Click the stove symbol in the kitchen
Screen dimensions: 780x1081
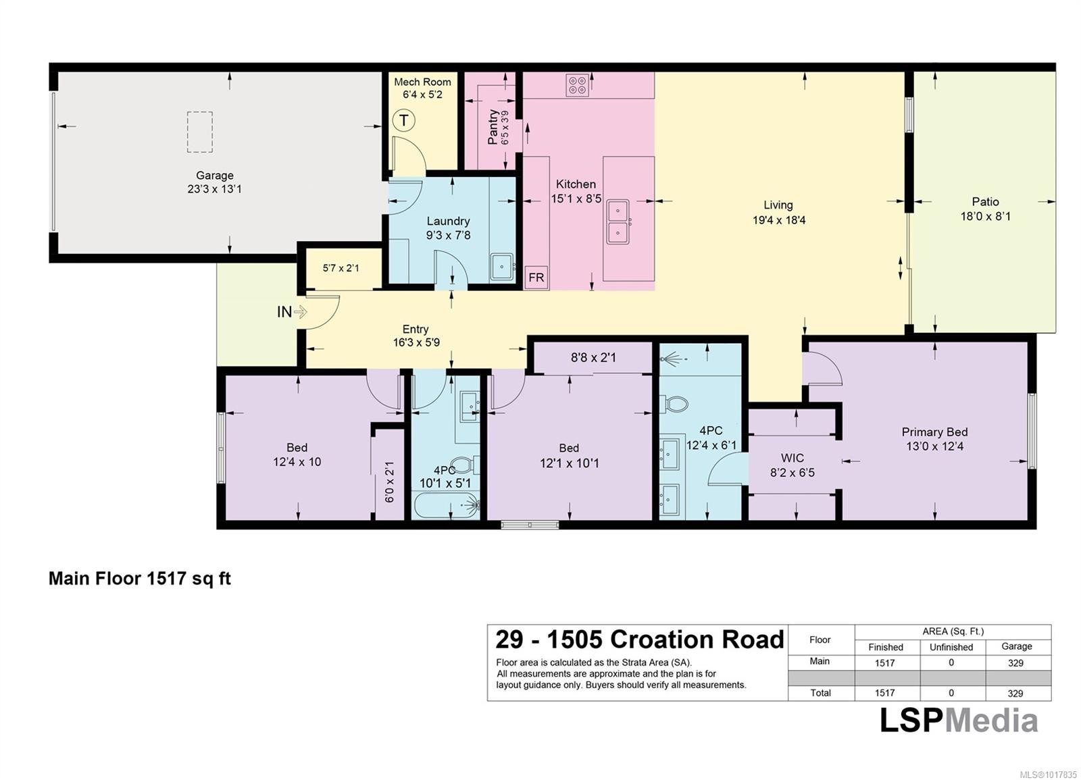point(577,85)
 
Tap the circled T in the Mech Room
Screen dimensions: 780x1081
point(403,121)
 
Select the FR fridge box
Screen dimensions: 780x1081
point(536,278)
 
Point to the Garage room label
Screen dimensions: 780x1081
point(215,176)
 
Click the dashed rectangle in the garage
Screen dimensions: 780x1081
point(200,132)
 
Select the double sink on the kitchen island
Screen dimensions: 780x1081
point(618,222)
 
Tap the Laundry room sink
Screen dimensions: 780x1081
point(502,267)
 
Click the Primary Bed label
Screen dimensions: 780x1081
point(934,432)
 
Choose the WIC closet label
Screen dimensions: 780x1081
point(792,458)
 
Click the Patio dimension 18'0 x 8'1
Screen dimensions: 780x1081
point(985,217)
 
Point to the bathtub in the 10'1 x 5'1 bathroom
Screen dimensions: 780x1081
point(446,505)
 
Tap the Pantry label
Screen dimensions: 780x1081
point(493,127)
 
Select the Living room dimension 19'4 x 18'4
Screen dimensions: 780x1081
point(778,220)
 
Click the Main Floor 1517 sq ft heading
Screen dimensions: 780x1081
point(140,579)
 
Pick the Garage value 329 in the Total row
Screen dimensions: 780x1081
point(1015,693)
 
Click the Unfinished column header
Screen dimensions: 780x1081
point(951,647)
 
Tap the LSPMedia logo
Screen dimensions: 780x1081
point(958,721)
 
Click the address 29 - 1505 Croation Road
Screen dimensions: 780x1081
point(639,640)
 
